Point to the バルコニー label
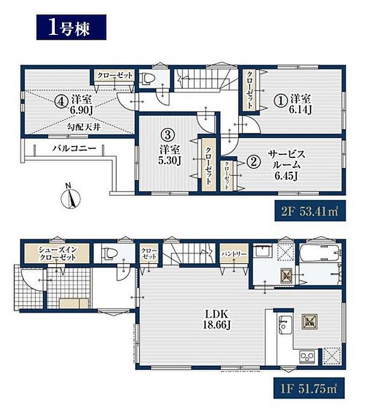coord(73,148)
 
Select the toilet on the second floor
coord(147,79)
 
